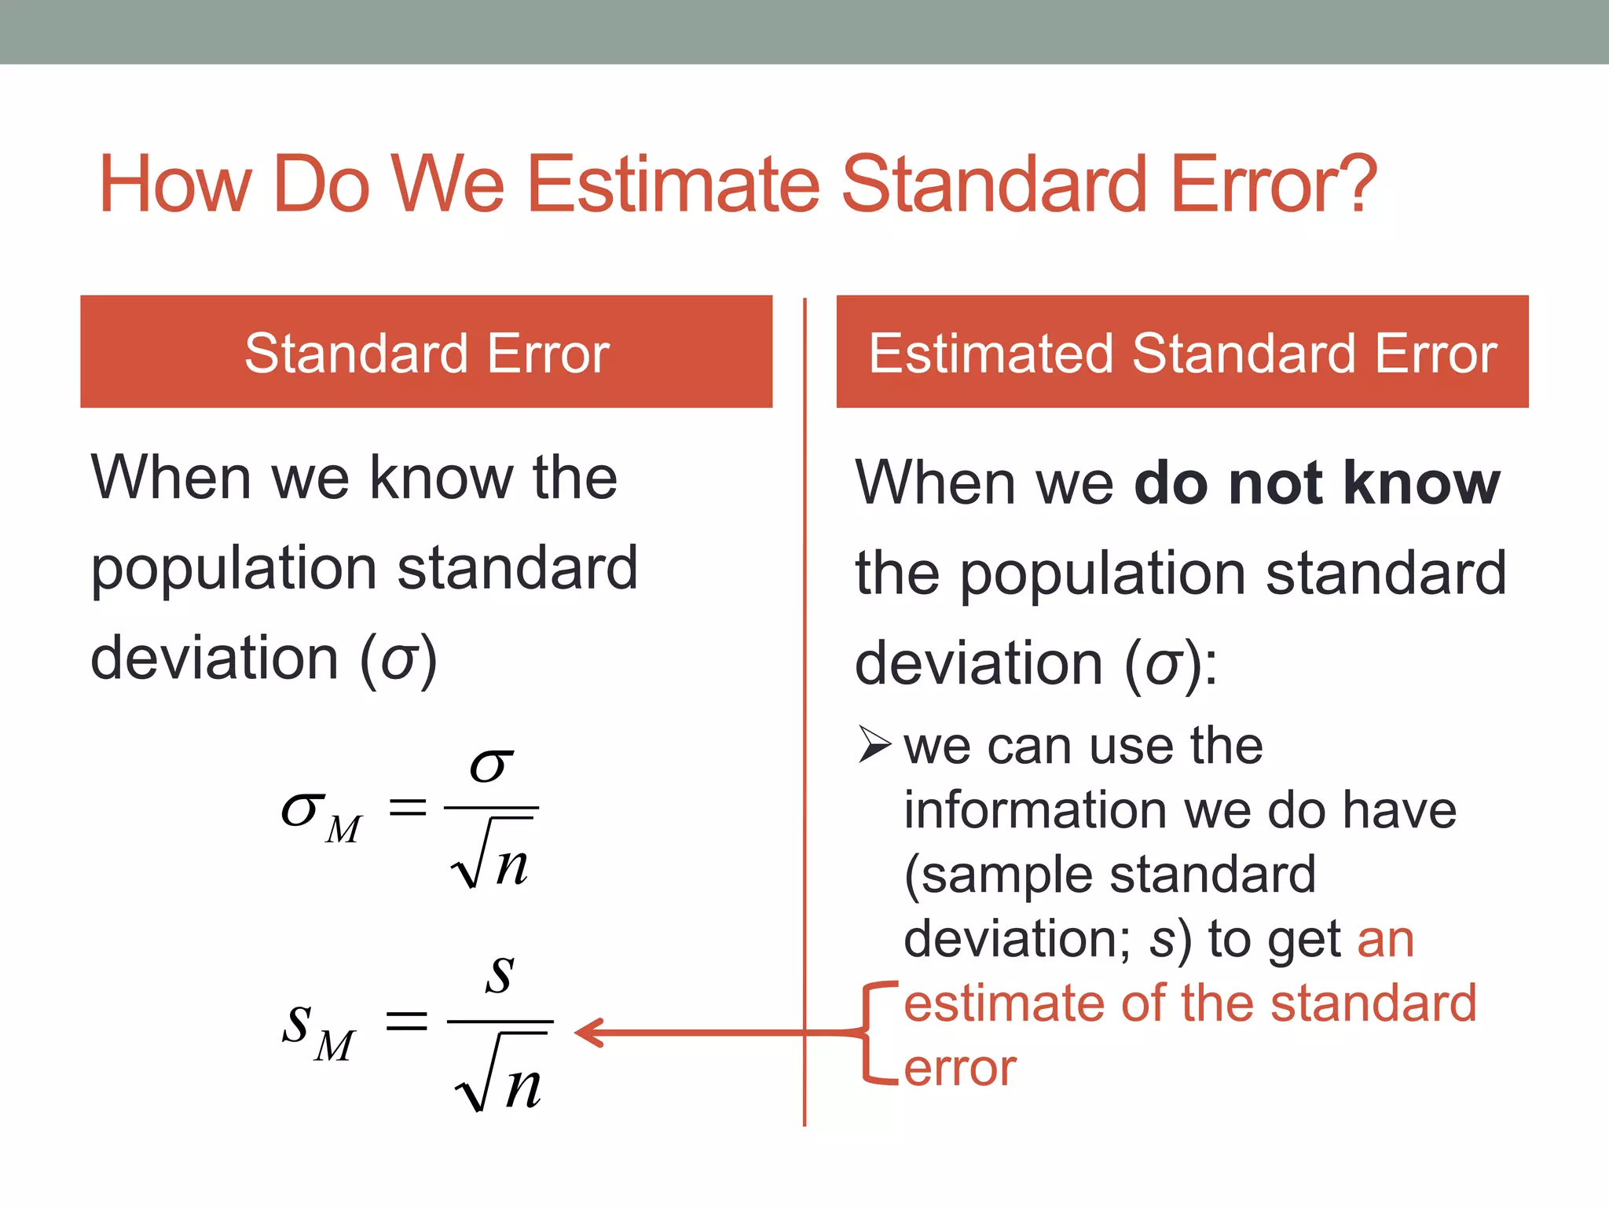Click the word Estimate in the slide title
coord(673,185)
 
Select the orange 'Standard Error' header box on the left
coord(426,351)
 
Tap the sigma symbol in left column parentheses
coord(398,660)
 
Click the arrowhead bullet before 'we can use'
coord(874,744)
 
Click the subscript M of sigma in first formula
coord(343,830)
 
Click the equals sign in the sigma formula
coord(408,807)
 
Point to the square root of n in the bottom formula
coord(500,1075)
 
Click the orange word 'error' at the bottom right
coord(960,1069)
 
